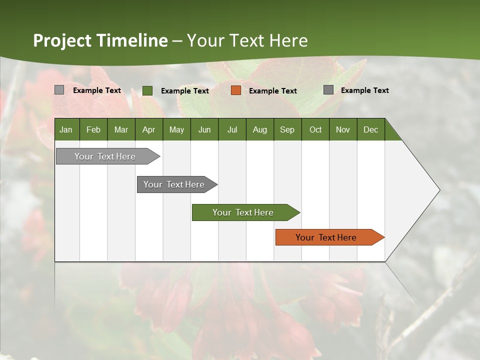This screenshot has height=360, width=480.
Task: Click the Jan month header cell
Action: pyautogui.click(x=66, y=129)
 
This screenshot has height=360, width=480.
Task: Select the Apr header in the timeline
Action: pyautogui.click(x=149, y=129)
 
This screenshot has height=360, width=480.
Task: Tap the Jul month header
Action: pyautogui.click(x=232, y=129)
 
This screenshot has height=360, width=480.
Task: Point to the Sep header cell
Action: pyautogui.click(x=287, y=129)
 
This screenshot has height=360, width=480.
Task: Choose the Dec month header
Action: pyautogui.click(x=370, y=129)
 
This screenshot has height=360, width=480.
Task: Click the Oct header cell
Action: pyautogui.click(x=315, y=129)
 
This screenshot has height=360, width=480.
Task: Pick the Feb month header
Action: pyautogui.click(x=93, y=129)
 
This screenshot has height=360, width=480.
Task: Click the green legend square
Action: pyautogui.click(x=147, y=90)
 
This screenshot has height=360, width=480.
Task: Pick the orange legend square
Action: pyautogui.click(x=236, y=90)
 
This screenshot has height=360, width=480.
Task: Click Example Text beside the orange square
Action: pyautogui.click(x=272, y=91)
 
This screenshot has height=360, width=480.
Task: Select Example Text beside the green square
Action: pyautogui.click(x=184, y=91)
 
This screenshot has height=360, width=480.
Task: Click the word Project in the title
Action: pyautogui.click(x=62, y=40)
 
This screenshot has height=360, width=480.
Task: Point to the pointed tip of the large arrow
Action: pyautogui.click(x=439, y=190)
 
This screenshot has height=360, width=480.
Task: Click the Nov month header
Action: pyautogui.click(x=343, y=129)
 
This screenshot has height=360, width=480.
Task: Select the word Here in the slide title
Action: pyautogui.click(x=288, y=40)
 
